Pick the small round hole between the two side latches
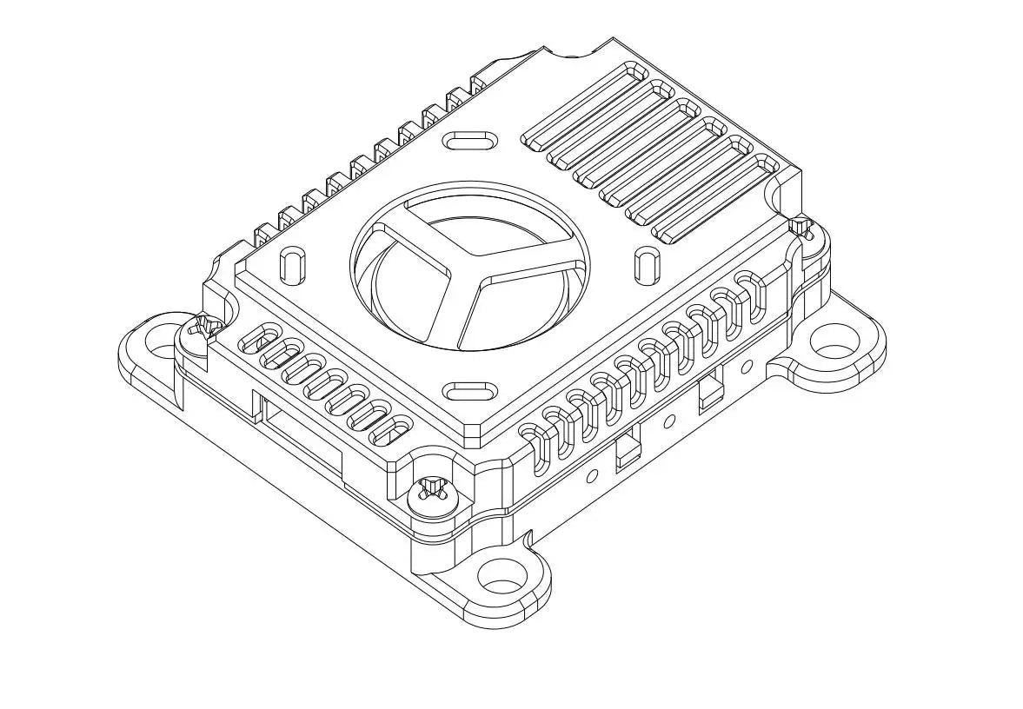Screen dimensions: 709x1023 pos(669,421)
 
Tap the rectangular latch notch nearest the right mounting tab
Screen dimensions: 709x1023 pos(708,390)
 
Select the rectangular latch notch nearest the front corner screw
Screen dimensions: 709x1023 pos(626,452)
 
